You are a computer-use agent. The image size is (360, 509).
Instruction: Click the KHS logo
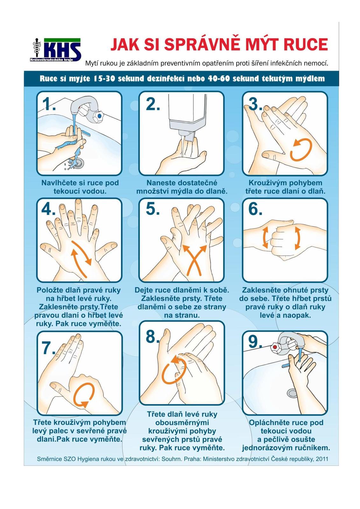click(x=55, y=50)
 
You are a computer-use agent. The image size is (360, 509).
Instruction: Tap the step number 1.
click(x=49, y=104)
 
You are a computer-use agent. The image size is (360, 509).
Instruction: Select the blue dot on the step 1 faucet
click(x=99, y=116)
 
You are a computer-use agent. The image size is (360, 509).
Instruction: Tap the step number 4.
click(x=48, y=209)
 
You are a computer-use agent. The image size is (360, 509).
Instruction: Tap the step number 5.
click(x=152, y=209)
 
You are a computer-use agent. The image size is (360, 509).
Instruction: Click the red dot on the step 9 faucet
click(x=275, y=347)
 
